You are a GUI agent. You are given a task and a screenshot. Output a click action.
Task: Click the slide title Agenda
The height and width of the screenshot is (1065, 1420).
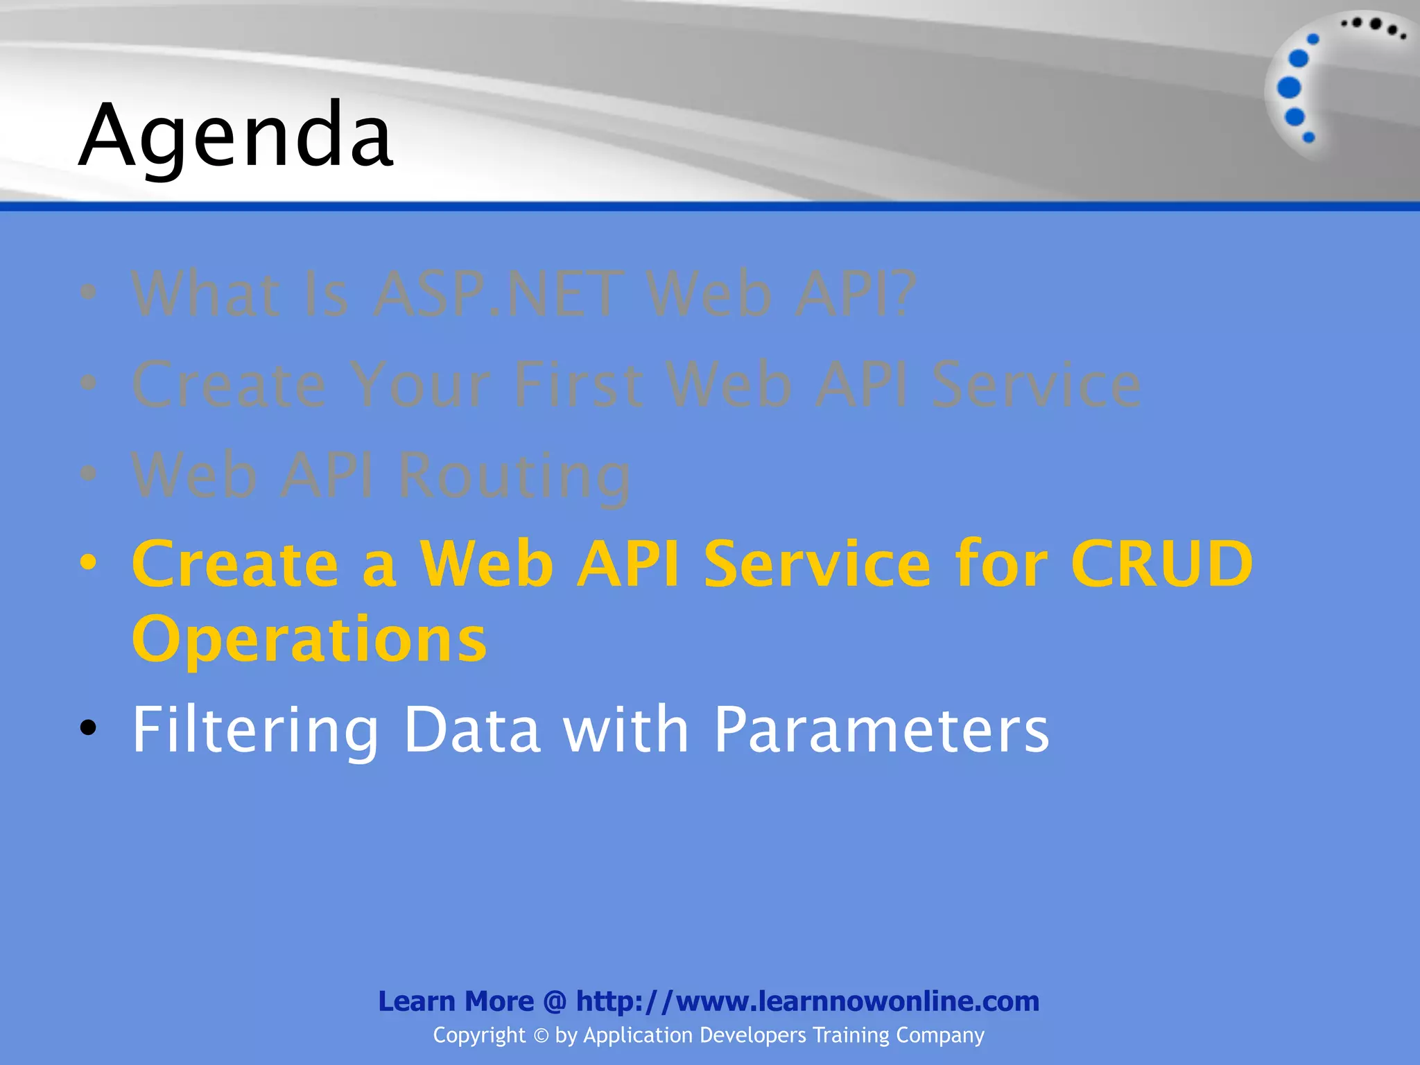tap(236, 135)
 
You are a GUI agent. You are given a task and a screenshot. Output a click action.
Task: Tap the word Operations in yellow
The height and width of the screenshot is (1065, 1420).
tap(309, 639)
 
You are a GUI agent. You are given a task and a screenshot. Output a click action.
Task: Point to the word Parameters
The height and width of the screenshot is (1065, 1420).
tap(881, 729)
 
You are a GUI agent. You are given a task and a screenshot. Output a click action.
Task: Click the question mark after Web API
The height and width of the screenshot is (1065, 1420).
tap(903, 295)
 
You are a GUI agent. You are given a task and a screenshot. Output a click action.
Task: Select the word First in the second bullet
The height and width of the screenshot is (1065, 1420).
tap(578, 385)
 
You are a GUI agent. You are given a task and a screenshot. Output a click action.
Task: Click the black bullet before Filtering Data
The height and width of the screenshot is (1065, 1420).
tap(88, 728)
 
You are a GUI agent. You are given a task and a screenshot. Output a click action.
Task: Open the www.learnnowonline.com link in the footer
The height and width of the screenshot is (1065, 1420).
tap(808, 1001)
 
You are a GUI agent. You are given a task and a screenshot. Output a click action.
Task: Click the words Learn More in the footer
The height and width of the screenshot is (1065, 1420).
tap(456, 1001)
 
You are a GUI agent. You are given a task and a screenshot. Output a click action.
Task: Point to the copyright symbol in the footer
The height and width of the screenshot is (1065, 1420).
tap(541, 1036)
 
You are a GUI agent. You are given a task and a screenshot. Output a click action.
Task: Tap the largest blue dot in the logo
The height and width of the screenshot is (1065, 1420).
tap(1289, 88)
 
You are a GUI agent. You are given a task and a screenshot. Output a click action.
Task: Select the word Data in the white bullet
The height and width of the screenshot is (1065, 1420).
tap(471, 729)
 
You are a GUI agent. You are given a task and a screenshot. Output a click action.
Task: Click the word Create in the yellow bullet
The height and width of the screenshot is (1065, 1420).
tap(235, 563)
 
